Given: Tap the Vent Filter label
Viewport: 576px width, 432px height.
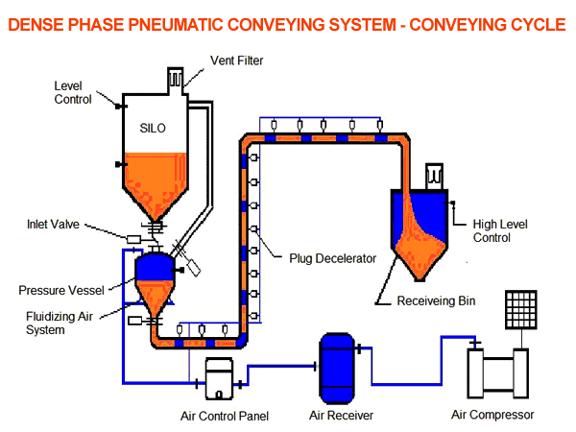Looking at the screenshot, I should coord(235,60).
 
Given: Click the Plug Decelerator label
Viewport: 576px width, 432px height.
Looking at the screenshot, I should coord(329,258).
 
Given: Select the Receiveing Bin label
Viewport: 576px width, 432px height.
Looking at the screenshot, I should coord(436,300).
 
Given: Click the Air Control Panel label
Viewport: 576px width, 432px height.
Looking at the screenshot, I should coord(224,416).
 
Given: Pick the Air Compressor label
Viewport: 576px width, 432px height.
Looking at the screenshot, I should coord(492,416).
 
